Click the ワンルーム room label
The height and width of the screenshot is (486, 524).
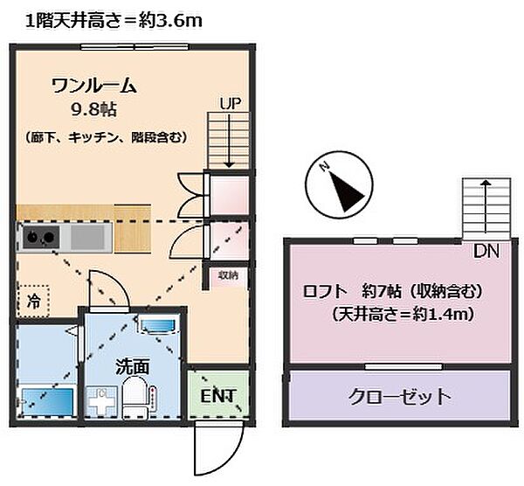click(94, 86)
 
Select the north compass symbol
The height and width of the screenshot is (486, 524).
click(340, 188)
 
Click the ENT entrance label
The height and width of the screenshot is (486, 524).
click(218, 396)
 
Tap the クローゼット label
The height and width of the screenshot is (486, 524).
click(399, 396)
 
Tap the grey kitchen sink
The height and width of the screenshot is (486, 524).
click(87, 237)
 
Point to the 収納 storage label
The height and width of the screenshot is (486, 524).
click(227, 275)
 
